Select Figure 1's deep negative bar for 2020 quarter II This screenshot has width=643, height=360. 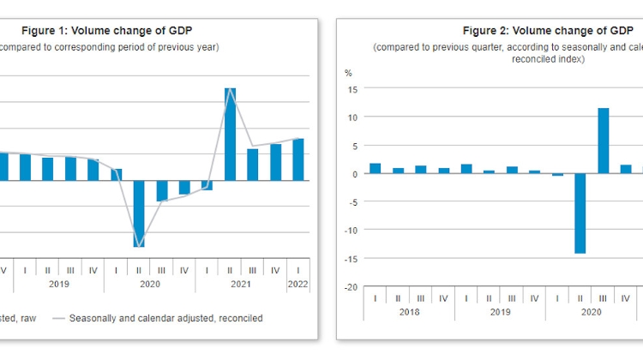(139, 213)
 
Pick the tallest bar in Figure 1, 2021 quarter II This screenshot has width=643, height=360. (230, 134)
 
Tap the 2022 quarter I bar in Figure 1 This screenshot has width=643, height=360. (297, 159)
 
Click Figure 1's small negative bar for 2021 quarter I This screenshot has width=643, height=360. (207, 185)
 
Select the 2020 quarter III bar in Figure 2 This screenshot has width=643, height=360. (603, 141)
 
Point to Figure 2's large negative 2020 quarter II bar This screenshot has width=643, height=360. (580, 213)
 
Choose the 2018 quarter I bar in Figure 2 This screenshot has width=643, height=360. (375, 168)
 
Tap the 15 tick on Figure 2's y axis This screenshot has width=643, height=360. (352, 88)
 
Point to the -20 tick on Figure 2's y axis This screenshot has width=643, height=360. (351, 286)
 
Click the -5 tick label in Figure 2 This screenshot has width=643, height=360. (352, 201)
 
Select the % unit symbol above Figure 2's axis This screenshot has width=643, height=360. (348, 73)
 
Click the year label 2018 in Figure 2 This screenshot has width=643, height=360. (409, 313)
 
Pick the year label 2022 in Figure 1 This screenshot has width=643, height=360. (297, 284)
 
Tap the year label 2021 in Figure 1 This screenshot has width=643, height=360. (241, 284)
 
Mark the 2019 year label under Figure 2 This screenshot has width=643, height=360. (500, 313)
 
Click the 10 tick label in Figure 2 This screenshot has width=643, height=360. (352, 117)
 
